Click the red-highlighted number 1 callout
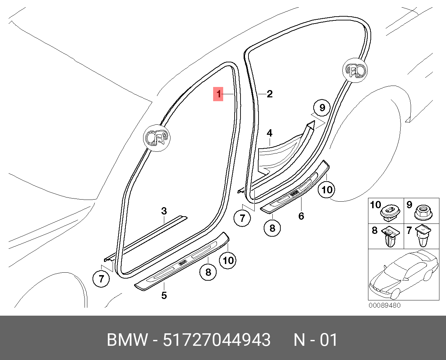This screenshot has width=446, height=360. click(x=218, y=94)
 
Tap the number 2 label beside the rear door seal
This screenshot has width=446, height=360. click(x=270, y=94)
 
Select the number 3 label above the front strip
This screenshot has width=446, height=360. click(x=164, y=211)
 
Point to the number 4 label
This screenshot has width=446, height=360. click(x=270, y=133)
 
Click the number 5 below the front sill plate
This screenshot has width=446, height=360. click(x=164, y=295)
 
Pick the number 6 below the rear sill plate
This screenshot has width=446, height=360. click(x=301, y=216)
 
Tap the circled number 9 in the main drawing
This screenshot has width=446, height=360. click(x=322, y=107)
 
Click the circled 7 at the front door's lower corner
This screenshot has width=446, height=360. click(x=101, y=279)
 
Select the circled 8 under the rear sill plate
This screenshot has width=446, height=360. click(x=272, y=228)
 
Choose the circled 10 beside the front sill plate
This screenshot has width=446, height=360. click(x=228, y=260)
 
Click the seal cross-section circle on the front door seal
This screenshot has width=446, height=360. click(x=157, y=138)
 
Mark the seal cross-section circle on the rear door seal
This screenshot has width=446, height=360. click(x=355, y=70)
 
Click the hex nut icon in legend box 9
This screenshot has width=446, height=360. click(x=423, y=212)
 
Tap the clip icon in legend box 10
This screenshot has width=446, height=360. click(x=391, y=213)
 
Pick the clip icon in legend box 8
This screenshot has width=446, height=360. click(x=391, y=236)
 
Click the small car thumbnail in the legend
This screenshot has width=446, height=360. click(x=404, y=275)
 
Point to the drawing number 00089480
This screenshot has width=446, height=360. click(x=384, y=305)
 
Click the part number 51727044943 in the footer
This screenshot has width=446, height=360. click(x=217, y=340)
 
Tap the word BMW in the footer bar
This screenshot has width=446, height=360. click(x=127, y=340)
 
